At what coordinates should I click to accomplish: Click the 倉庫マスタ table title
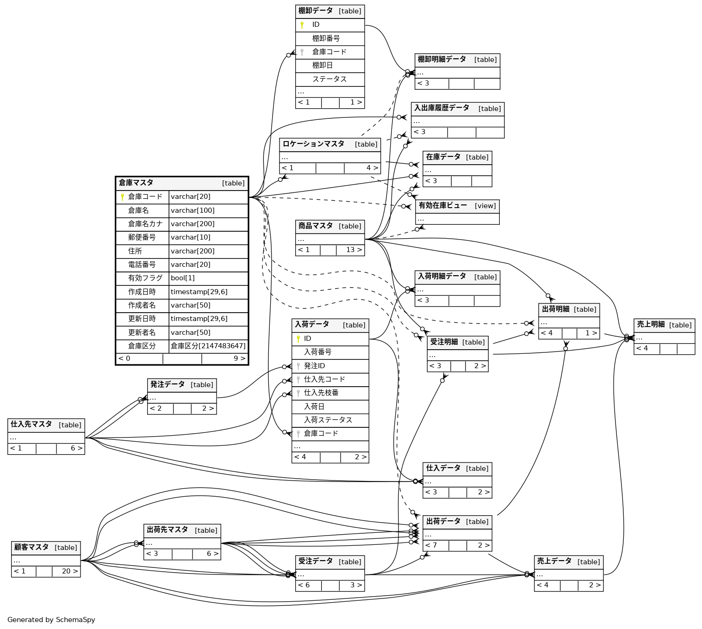tap(136, 183)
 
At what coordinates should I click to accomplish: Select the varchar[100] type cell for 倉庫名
tap(193, 210)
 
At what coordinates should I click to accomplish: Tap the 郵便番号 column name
tap(142, 237)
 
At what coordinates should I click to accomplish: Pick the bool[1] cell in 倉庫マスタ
tap(183, 278)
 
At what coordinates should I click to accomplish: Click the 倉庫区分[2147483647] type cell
tap(208, 346)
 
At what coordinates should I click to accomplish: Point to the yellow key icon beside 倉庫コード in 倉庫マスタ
tap(122, 197)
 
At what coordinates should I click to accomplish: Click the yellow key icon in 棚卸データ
tap(302, 25)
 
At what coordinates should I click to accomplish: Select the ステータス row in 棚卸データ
tap(329, 79)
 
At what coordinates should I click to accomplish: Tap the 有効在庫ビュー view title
tap(442, 206)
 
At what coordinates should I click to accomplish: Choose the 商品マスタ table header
tap(316, 226)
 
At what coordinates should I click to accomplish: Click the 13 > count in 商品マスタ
tap(354, 250)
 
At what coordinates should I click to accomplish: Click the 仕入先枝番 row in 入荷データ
tap(321, 393)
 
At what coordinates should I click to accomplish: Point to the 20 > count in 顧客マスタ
tap(69, 571)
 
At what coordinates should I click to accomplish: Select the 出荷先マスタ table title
tap(167, 530)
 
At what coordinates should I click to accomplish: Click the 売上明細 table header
tap(651, 325)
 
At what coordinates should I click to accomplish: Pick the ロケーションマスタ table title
tap(313, 144)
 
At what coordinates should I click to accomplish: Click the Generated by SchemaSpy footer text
tap(51, 620)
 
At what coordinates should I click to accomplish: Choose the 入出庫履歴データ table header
tap(441, 108)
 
